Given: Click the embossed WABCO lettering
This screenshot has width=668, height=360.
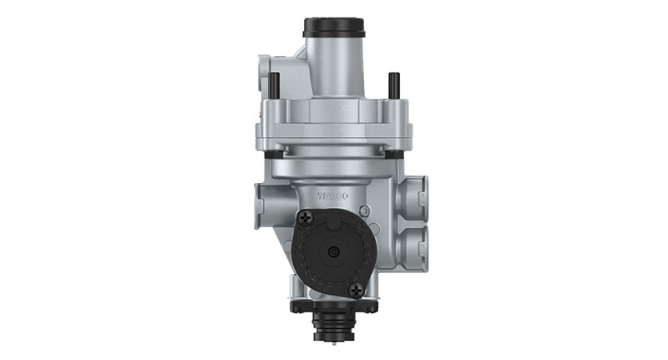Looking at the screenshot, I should pyautogui.click(x=332, y=198).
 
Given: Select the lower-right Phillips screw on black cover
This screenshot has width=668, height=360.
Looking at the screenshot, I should pyautogui.click(x=357, y=289).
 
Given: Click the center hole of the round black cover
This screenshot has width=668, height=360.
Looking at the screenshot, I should pyautogui.click(x=333, y=251).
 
